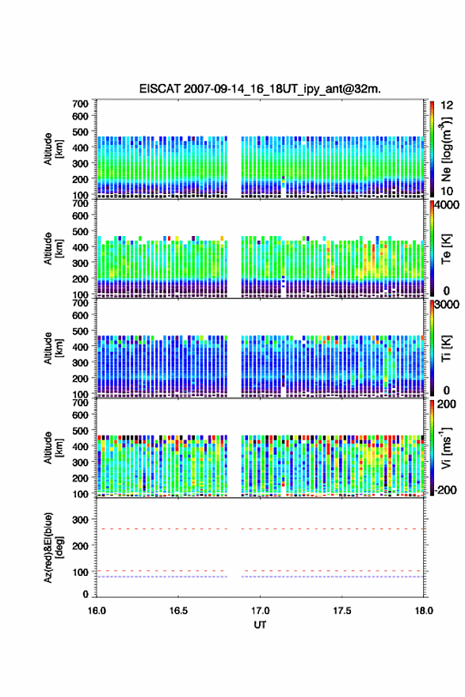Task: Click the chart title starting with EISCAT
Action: (260, 89)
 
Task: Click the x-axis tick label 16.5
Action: (177, 611)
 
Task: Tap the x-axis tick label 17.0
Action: (260, 611)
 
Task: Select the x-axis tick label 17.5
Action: (342, 611)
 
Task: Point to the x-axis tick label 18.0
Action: (424, 611)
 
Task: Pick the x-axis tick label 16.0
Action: (97, 611)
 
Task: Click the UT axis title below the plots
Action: (260, 625)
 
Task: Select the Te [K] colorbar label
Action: (446, 249)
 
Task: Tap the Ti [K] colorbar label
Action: (446, 348)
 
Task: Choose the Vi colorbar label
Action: (446, 448)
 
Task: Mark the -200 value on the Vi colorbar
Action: (446, 489)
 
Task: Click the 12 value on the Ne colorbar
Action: (447, 105)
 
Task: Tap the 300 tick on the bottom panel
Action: (81, 520)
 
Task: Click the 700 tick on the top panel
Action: (81, 104)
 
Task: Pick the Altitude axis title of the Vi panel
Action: (53, 448)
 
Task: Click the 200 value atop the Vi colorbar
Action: (447, 404)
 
